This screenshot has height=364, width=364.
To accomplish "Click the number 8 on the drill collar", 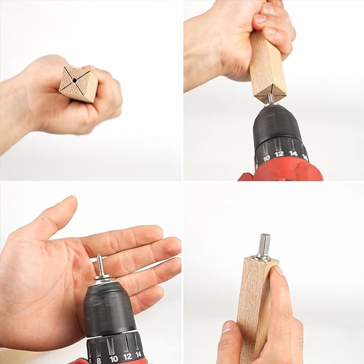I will click(x=98, y=360).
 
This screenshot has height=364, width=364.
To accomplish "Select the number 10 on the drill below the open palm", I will click(x=113, y=359).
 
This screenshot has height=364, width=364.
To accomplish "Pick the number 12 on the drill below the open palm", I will click(x=128, y=356).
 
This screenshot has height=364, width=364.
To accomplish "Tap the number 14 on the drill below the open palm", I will click(x=138, y=354).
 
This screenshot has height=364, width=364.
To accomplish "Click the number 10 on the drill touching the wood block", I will click(x=266, y=159).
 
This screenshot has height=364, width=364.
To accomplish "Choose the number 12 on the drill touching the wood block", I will click(x=279, y=154).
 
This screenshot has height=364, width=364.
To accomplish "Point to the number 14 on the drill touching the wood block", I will click(x=293, y=153).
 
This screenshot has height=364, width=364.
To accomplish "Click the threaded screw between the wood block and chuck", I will click(x=271, y=98).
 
